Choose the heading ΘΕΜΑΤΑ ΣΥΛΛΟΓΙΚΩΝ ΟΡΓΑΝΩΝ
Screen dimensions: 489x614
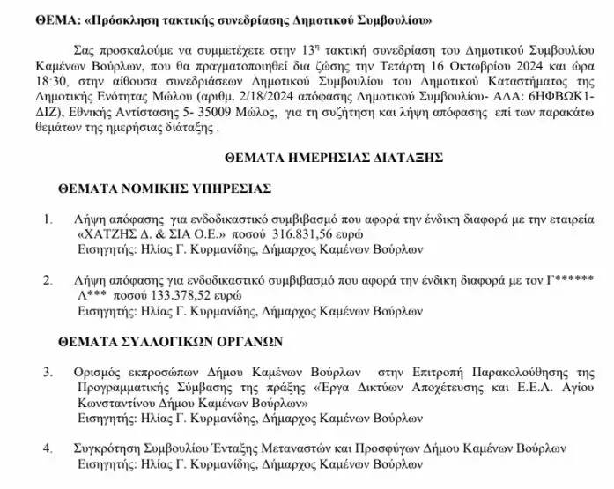(x=168, y=339)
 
